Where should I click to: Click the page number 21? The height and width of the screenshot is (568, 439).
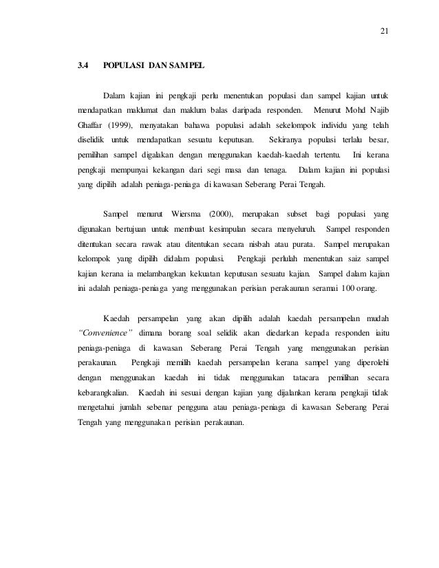pyautogui.click(x=384, y=30)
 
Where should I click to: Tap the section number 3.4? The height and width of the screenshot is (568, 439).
pyautogui.click(x=83, y=67)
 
